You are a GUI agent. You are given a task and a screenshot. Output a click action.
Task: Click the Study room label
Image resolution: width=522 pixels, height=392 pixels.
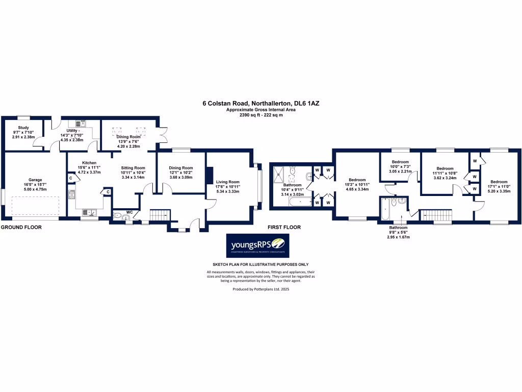[23, 128]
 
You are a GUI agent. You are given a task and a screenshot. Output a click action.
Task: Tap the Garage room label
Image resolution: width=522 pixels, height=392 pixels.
[35, 180]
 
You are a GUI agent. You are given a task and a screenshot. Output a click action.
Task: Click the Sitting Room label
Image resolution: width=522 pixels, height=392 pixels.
[133, 167]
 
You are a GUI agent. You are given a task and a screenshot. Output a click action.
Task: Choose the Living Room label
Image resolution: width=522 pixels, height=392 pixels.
[227, 182]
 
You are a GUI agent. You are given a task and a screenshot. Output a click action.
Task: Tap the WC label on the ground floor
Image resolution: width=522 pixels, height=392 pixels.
[129, 211]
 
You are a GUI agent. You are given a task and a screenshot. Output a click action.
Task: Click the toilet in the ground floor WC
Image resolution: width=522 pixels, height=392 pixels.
[119, 217]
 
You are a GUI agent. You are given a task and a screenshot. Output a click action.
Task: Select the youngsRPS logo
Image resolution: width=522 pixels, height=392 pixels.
[257, 246]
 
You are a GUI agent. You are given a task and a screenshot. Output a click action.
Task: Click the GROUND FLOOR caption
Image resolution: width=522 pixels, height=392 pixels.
[21, 227]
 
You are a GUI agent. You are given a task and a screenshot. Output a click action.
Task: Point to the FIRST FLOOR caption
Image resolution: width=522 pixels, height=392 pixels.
[284, 227]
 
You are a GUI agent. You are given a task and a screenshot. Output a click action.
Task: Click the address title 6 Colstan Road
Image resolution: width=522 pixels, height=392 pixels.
[261, 103]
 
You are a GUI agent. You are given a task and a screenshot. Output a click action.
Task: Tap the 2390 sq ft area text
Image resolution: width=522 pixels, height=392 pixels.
[261, 115]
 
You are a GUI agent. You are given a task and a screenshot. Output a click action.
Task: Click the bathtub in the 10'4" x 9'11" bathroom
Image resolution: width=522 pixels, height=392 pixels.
[298, 202]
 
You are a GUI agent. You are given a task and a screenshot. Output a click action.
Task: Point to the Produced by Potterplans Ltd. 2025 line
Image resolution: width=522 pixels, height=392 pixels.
[261, 288]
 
